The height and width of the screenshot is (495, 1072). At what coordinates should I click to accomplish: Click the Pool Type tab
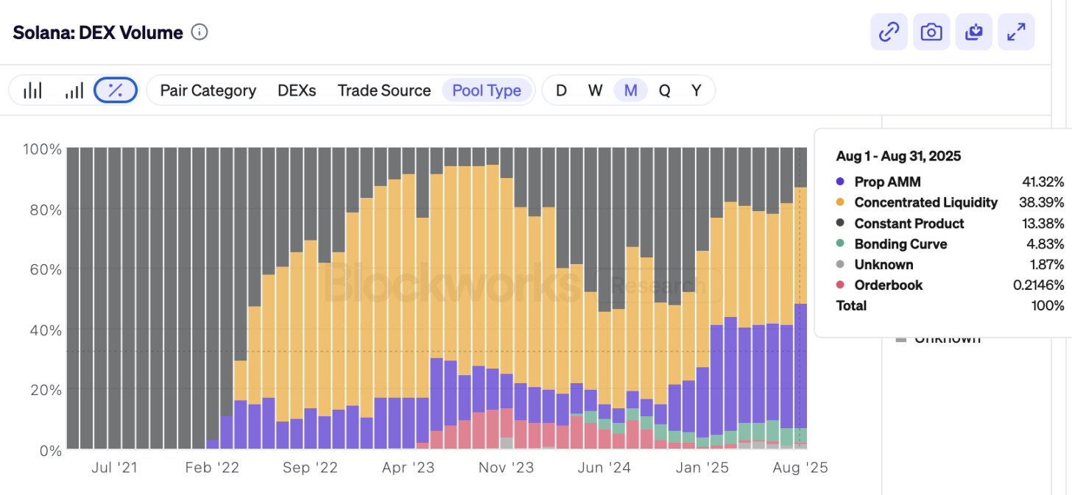(487, 90)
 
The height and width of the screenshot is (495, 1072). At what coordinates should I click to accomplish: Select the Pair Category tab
(208, 90)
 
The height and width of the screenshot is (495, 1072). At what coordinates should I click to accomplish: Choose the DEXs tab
(297, 90)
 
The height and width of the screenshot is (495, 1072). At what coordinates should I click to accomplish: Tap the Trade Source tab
(384, 90)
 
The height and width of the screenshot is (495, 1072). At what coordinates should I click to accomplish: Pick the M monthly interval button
(630, 90)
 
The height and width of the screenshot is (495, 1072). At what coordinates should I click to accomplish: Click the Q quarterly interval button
(664, 90)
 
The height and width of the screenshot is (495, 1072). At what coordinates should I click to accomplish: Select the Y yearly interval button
(696, 90)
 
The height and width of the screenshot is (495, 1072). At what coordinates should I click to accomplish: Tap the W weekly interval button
(596, 90)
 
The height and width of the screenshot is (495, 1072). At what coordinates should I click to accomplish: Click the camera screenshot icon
(931, 32)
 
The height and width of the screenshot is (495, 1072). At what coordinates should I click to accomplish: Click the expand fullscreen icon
(1016, 32)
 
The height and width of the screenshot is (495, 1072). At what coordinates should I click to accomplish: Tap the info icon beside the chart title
(200, 32)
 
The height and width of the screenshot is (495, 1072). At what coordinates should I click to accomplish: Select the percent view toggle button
(116, 90)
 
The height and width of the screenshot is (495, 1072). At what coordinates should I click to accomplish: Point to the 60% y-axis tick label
(43, 269)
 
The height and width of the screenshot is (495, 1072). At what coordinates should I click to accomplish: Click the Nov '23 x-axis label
(506, 468)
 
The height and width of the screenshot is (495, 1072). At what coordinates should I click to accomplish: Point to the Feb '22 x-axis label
(212, 468)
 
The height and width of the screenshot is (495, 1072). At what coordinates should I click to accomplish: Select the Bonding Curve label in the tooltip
(900, 243)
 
